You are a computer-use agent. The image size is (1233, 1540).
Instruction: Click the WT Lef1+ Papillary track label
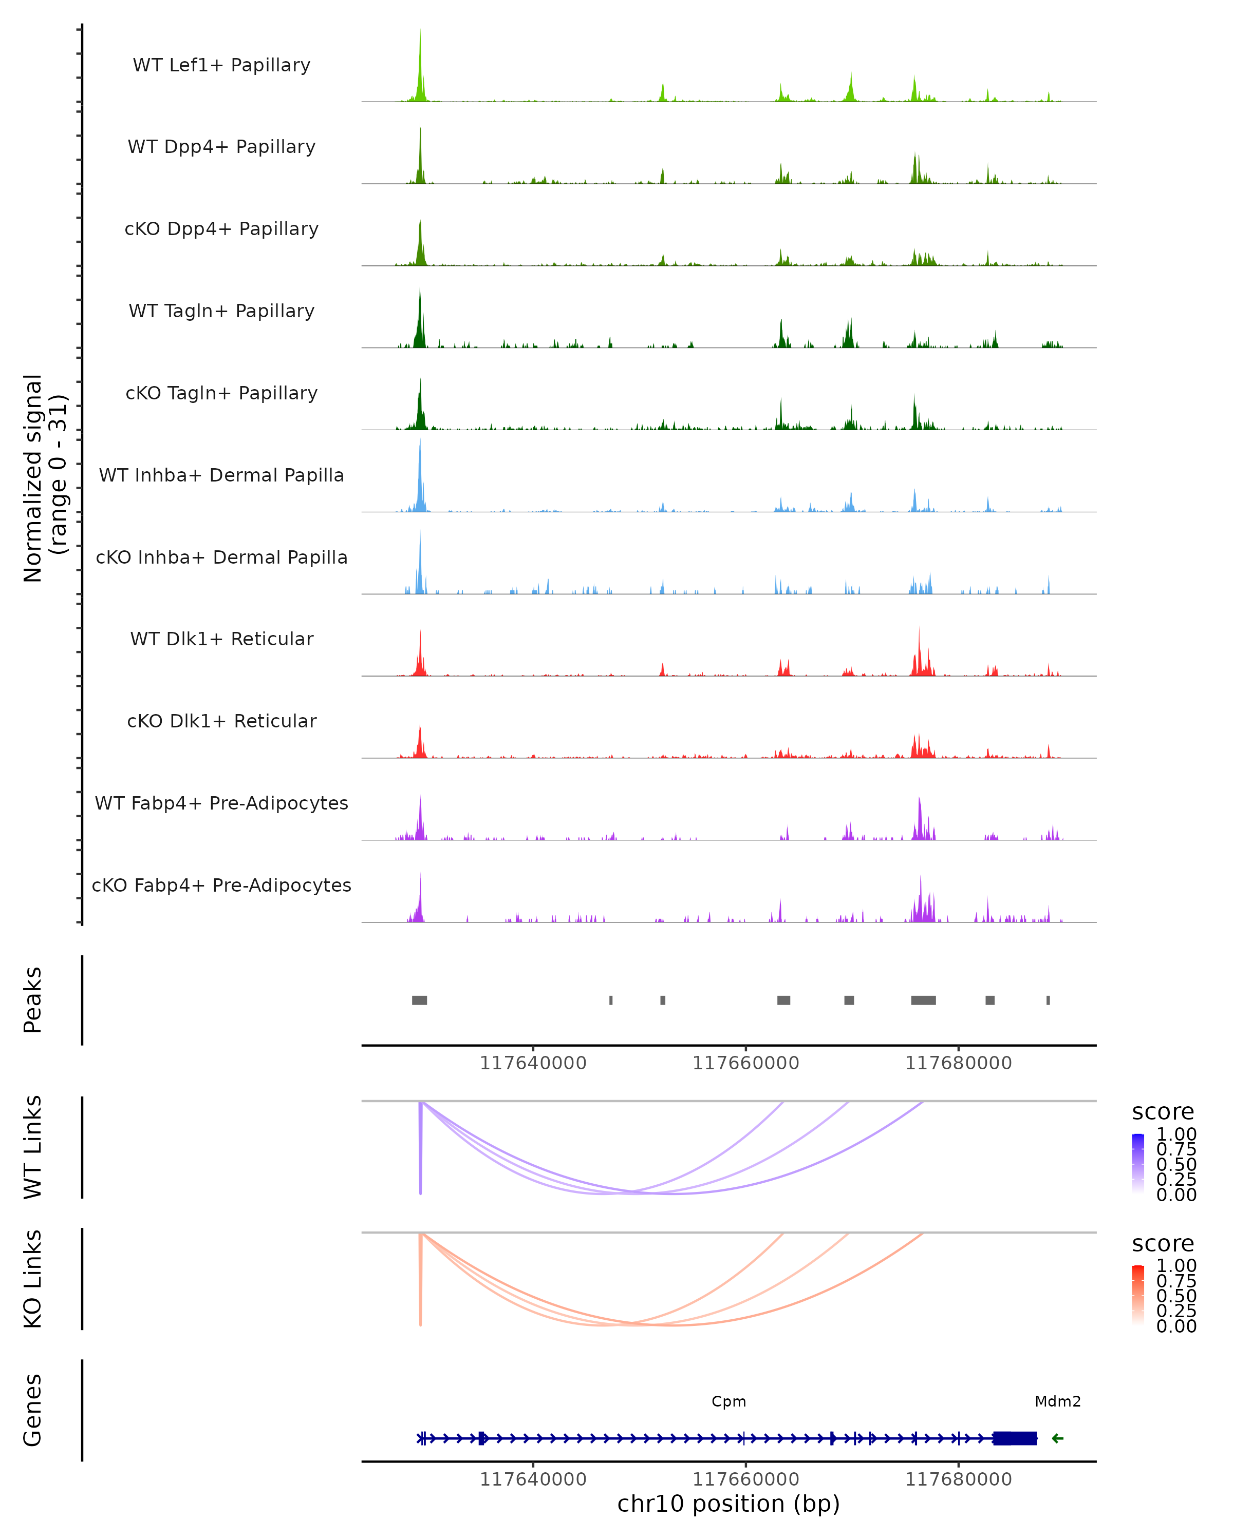(x=221, y=65)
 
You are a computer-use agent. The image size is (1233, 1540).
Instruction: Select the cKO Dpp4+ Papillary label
(x=221, y=229)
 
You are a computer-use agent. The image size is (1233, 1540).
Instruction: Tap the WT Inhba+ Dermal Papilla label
(x=221, y=476)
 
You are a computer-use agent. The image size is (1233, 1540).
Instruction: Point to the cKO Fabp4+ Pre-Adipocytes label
(x=221, y=885)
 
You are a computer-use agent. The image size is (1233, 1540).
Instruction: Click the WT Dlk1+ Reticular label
(x=221, y=639)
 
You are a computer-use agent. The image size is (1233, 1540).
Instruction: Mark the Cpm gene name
(x=728, y=1402)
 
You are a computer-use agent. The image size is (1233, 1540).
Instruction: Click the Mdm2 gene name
(x=1057, y=1402)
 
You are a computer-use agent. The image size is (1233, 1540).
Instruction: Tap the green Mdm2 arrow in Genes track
(x=1058, y=1438)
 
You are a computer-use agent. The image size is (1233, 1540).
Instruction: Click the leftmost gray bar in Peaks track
(x=420, y=1000)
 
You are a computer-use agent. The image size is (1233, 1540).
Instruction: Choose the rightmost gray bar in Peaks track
(x=1048, y=1000)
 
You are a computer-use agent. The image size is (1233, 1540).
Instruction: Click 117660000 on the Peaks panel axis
(x=745, y=1064)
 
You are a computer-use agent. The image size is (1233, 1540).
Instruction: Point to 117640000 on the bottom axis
(x=533, y=1479)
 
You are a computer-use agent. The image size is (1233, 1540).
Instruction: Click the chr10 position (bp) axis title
(x=728, y=1504)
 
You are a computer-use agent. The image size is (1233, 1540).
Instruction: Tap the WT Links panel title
(x=33, y=1147)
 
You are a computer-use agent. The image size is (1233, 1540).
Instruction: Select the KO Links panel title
(x=33, y=1279)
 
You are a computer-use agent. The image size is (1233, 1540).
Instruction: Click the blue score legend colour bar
(x=1138, y=1164)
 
